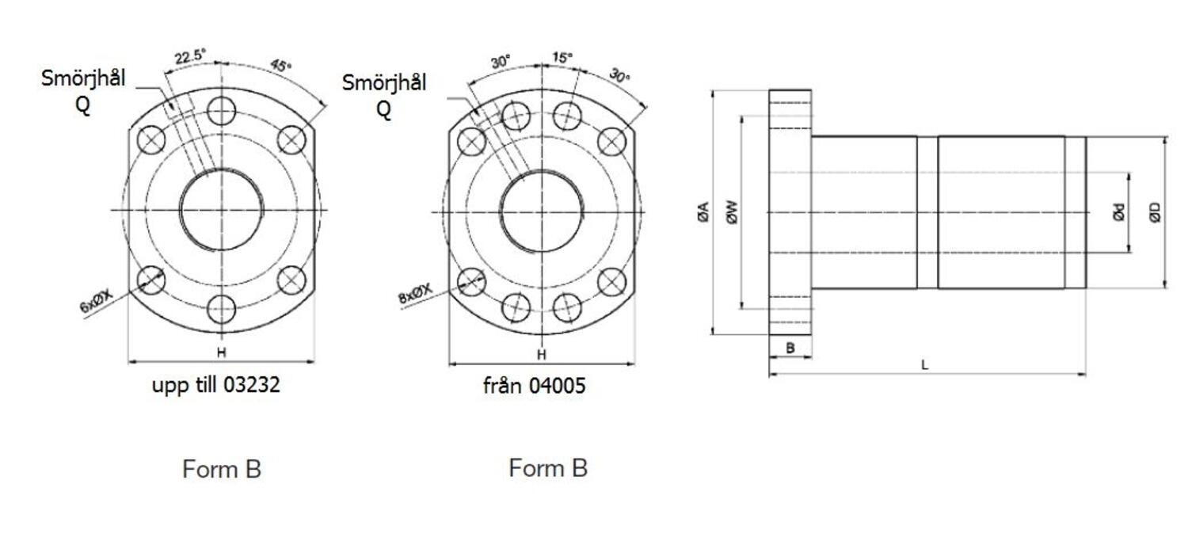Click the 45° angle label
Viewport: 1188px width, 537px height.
(x=281, y=66)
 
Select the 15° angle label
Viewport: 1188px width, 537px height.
(x=562, y=58)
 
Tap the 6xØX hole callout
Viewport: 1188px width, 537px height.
(x=97, y=302)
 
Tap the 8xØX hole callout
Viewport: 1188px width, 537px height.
(x=416, y=296)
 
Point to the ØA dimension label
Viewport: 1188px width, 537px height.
(x=703, y=212)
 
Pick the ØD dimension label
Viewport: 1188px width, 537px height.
(x=1156, y=212)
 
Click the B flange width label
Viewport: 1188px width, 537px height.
(x=790, y=348)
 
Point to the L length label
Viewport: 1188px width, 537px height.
(x=924, y=365)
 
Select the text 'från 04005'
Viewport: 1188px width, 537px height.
(x=535, y=386)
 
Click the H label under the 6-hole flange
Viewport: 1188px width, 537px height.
(x=222, y=352)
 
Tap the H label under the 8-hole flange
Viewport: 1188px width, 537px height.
(x=542, y=354)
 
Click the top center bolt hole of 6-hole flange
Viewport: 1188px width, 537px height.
(x=222, y=109)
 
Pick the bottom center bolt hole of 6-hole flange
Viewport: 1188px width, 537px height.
(x=222, y=309)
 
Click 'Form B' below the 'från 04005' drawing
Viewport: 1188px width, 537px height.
(x=548, y=467)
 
